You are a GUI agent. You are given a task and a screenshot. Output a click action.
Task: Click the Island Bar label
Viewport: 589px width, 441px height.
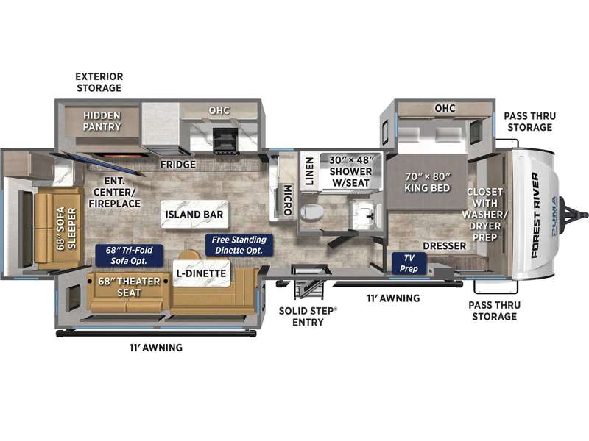(x=194, y=214)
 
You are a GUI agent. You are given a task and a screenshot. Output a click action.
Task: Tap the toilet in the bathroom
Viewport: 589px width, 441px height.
(x=311, y=212)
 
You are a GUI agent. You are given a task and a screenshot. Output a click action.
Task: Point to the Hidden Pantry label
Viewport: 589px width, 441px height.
(x=102, y=121)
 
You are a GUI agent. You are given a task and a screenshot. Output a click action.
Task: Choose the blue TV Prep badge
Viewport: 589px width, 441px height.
(x=409, y=263)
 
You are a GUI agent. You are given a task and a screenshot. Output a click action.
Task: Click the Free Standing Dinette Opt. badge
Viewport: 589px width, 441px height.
(x=239, y=245)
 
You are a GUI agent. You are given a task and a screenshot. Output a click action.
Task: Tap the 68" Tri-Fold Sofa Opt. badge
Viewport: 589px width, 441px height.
(x=130, y=255)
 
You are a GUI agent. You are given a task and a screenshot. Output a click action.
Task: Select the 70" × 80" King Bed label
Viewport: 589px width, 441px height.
(x=427, y=182)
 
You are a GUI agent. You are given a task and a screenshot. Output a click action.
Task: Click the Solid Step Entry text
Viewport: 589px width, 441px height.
(x=308, y=317)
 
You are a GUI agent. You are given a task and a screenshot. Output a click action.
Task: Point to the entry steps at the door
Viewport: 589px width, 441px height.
(x=308, y=289)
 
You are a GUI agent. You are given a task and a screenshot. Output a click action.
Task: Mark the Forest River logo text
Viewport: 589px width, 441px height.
(x=535, y=215)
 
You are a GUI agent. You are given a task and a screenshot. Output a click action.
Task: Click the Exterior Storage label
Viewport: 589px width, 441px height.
(x=99, y=82)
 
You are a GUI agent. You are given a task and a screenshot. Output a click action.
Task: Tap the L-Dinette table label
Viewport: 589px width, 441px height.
(x=201, y=273)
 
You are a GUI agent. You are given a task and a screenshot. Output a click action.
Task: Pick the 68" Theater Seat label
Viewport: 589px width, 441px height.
(x=129, y=287)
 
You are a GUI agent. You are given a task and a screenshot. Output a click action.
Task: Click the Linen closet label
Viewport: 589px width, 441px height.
(x=309, y=171)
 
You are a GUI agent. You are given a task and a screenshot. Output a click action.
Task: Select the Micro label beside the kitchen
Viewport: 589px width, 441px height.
(x=287, y=200)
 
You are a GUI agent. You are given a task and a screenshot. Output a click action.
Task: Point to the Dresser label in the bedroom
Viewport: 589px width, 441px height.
(x=445, y=246)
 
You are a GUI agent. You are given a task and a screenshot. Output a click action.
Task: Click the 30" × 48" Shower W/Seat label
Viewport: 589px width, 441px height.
(x=351, y=171)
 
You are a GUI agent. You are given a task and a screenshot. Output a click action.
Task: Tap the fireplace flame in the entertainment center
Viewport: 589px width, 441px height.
(x=119, y=155)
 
